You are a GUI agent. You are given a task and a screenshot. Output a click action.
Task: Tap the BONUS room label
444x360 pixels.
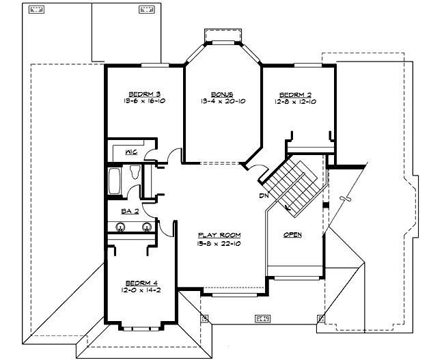[x=222, y=94]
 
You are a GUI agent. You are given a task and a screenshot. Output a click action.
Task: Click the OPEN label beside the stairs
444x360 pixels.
[x=292, y=234]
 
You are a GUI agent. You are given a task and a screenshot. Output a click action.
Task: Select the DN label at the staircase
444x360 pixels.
[x=263, y=196]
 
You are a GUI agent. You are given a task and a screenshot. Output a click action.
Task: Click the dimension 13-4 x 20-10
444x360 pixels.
[x=222, y=102]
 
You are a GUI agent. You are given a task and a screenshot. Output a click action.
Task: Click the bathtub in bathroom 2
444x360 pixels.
[x=114, y=182]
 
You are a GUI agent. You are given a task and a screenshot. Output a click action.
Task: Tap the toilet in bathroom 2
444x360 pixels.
[x=135, y=173]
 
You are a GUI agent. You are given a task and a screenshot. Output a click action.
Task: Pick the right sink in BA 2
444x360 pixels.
[x=145, y=228]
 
